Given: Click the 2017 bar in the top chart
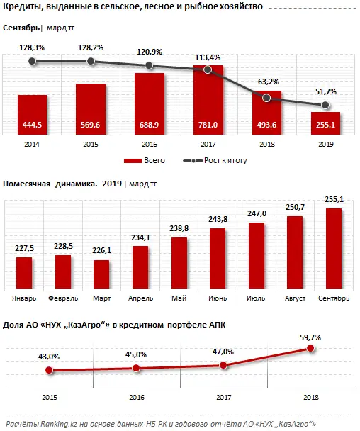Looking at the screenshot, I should (x=208, y=99).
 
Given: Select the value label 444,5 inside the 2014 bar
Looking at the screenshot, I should (x=32, y=125).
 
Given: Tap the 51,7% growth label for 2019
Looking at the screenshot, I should (x=324, y=92).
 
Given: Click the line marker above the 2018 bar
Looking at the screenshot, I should (x=266, y=98).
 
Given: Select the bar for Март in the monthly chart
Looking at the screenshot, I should (x=122, y=273).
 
